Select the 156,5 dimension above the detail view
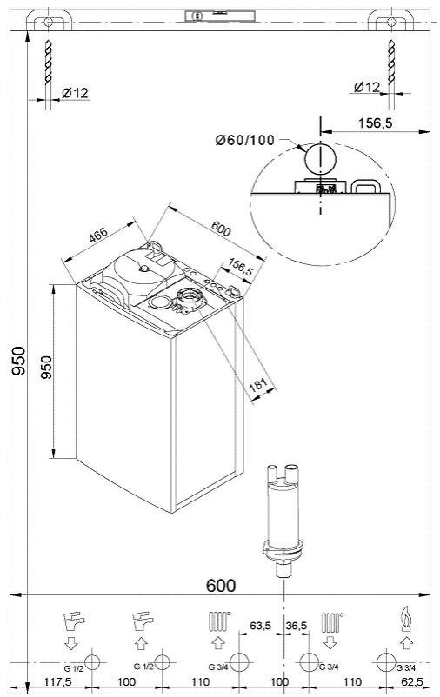[x=375, y=123]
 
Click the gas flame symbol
[x=403, y=621]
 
